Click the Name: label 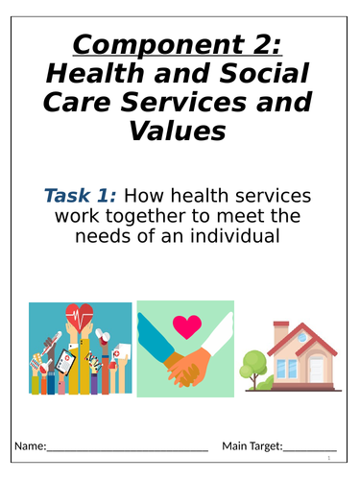coord(29,445)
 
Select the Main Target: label coord(252,445)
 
